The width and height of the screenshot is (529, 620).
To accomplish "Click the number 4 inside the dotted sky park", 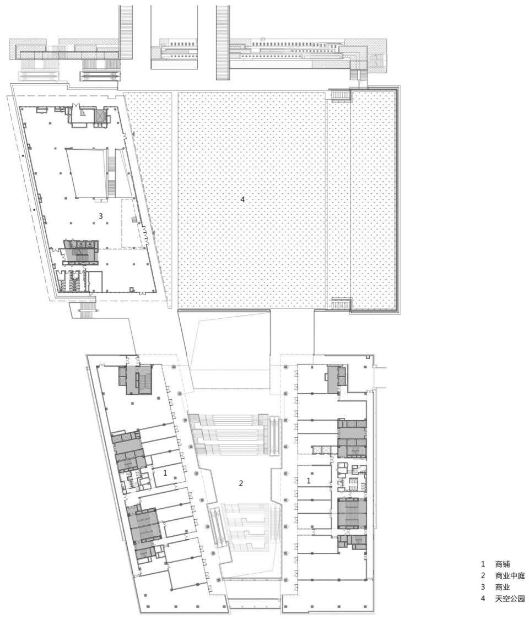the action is click(242, 200).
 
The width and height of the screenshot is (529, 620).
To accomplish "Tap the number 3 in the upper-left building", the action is click(100, 216).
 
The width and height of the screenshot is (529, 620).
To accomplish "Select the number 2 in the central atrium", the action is click(241, 483).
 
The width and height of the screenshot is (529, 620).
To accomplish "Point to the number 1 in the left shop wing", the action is click(165, 472).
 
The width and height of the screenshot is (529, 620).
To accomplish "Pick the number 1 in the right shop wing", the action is click(309, 481).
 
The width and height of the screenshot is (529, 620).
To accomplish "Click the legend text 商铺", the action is click(502, 564).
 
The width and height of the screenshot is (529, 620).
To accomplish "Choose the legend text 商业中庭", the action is click(510, 575).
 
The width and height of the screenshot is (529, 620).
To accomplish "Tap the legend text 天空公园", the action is click(510, 599).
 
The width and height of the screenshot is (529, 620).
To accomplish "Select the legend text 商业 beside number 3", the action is click(502, 587).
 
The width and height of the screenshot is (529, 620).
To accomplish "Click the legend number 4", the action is click(483, 599).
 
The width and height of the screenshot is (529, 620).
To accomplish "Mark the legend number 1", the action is click(483, 564).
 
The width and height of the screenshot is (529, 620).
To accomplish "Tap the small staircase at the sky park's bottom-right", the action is click(341, 304).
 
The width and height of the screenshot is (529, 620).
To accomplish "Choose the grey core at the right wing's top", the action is click(336, 379).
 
